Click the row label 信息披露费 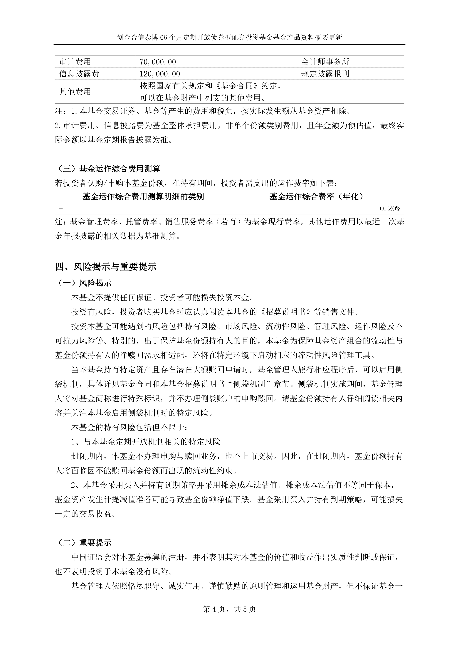coord(79,74)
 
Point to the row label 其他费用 coord(75,92)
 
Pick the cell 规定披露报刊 coord(325,74)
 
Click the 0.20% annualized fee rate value coord(390,209)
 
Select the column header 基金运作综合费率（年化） coord(316,196)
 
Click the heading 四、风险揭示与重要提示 coord(106,267)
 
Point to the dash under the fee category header coord(60,209)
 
